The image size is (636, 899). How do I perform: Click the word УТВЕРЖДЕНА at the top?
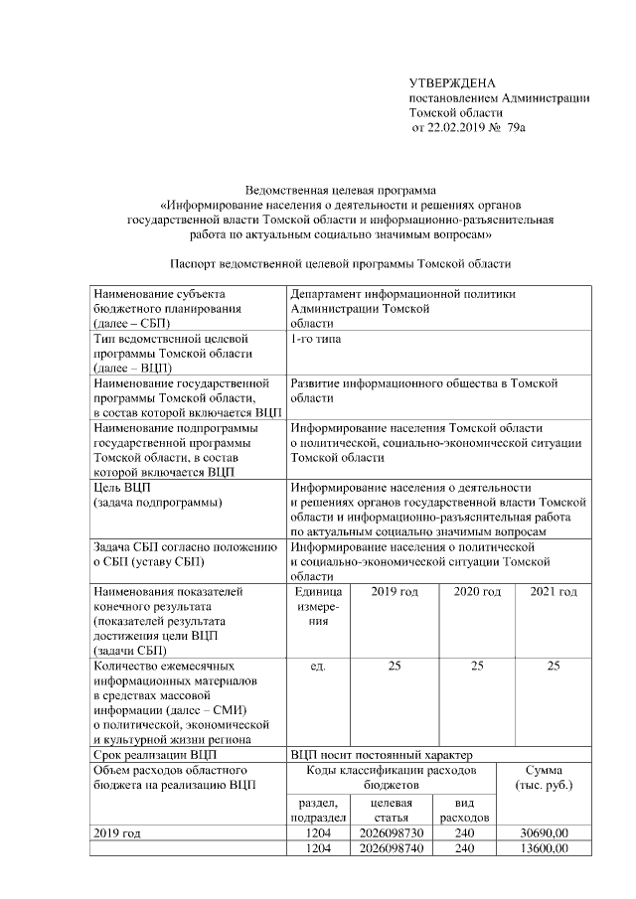pos(452,81)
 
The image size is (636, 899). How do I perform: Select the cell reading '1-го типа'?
pos(314,340)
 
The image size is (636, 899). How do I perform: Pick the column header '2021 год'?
pos(554,593)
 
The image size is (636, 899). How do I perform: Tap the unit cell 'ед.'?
pos(318,665)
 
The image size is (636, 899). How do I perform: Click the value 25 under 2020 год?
pos(476,665)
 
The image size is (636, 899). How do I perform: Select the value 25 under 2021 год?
pos(554,665)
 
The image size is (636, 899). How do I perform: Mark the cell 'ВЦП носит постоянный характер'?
pos(380,755)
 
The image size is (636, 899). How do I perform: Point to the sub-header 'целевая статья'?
pos(390,810)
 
